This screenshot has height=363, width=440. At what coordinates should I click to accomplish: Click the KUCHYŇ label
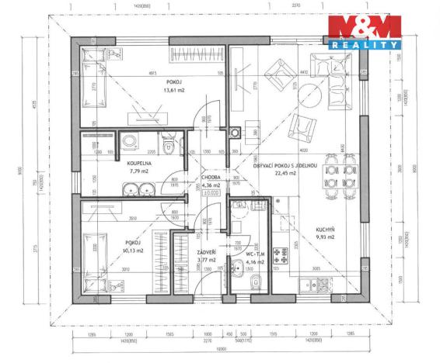click(x=326, y=230)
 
